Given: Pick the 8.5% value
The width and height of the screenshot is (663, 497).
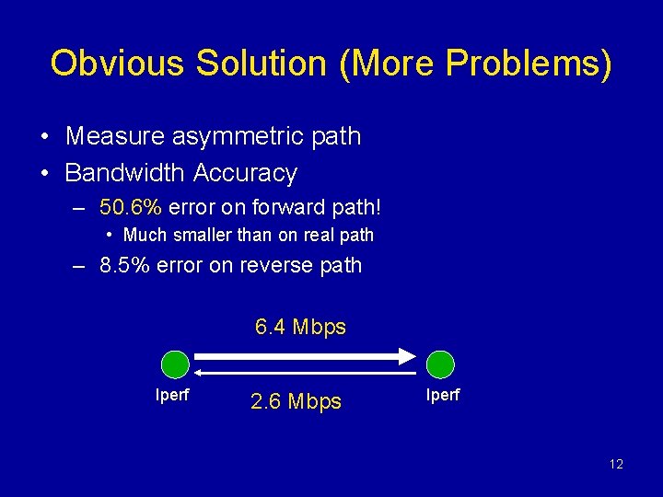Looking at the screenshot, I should click(125, 266).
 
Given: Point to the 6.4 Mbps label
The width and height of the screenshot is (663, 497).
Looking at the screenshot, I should click(300, 327).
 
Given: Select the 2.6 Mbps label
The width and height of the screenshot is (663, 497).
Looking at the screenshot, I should click(296, 401).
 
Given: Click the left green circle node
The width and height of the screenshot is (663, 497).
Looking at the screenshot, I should click(175, 365).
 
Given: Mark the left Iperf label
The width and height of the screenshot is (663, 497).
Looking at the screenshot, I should click(174, 397).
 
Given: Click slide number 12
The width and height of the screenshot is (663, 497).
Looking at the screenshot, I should click(616, 464).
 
